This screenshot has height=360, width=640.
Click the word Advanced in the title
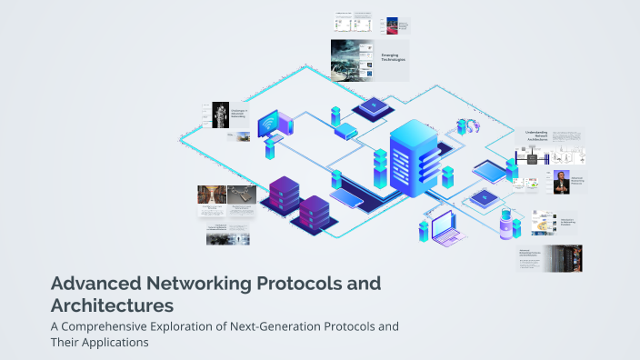[90, 284]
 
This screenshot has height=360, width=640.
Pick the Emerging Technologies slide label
[393, 57]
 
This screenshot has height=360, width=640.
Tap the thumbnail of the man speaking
[560, 182]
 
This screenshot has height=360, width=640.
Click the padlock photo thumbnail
[220, 114]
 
